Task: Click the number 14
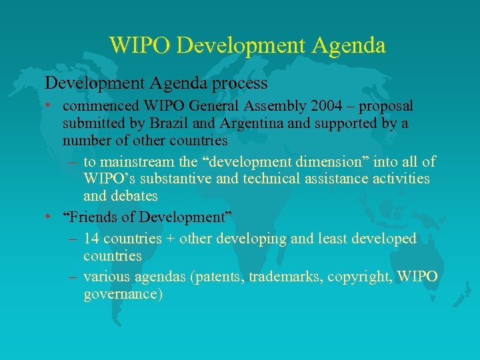(x=93, y=239)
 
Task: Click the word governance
(x=123, y=295)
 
